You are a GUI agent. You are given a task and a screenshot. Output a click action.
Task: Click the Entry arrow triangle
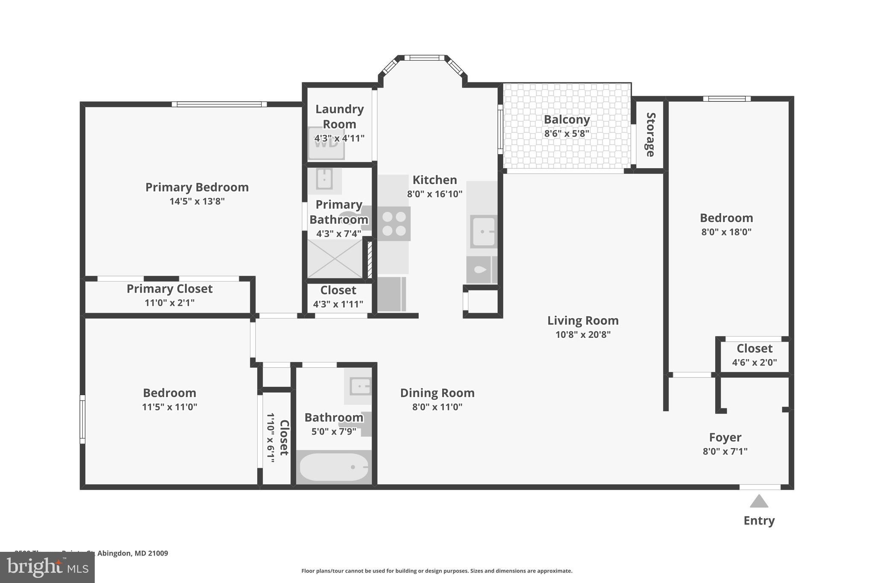pyautogui.click(x=759, y=501)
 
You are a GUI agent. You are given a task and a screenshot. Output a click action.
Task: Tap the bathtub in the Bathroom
pyautogui.click(x=334, y=467)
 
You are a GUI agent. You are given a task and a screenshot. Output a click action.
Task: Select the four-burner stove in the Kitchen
pyautogui.click(x=394, y=224)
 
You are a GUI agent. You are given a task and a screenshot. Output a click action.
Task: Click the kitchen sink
pyautogui.click(x=484, y=232)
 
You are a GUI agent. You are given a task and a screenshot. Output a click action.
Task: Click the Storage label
pyautogui.click(x=650, y=135)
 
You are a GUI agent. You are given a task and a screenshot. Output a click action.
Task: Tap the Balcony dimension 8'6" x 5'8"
pyautogui.click(x=566, y=133)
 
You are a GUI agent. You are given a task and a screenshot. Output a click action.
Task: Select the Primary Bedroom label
pyautogui.click(x=197, y=187)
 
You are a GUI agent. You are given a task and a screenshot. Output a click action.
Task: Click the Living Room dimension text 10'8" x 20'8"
pyautogui.click(x=583, y=334)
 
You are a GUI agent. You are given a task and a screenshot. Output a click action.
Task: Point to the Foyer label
pyautogui.click(x=725, y=437)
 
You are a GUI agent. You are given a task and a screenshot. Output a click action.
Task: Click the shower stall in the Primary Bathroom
pyautogui.click(x=335, y=258)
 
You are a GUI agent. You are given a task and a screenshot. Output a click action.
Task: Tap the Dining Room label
pyautogui.click(x=437, y=393)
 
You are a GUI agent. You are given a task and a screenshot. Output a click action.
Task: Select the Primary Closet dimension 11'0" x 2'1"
pyautogui.click(x=169, y=302)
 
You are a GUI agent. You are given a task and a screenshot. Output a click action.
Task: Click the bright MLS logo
pyautogui.click(x=47, y=567)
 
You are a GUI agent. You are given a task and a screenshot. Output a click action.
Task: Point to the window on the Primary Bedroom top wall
pyautogui.click(x=219, y=104)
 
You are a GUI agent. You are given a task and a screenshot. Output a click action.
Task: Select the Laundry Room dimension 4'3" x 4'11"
pyautogui.click(x=339, y=138)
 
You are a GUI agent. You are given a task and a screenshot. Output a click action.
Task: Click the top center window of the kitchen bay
pyautogui.click(x=424, y=58)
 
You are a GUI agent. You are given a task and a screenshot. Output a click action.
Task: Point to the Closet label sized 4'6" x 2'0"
pyautogui.click(x=754, y=349)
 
